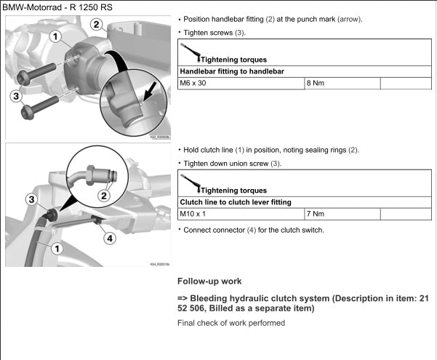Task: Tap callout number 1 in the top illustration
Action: pos(55,35)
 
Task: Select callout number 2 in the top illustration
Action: pos(96,23)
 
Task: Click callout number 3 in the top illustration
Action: pos(16,95)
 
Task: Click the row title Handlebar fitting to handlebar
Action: pos(231,71)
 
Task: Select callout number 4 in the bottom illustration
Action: pos(109,238)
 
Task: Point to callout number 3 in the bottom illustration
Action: pos(31,199)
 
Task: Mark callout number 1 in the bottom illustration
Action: pos(57,249)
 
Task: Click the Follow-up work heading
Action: pos(211,281)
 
